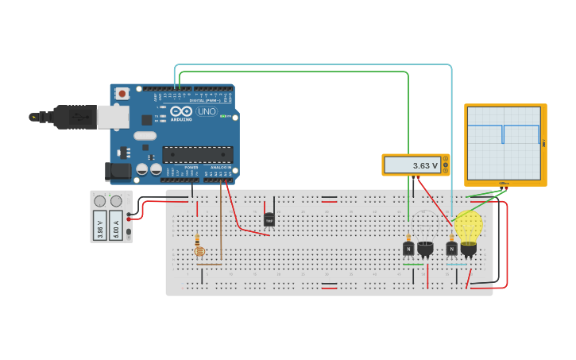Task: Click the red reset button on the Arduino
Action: [x=122, y=93]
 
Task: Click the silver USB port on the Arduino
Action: [x=113, y=118]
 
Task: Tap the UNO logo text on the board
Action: [x=206, y=112]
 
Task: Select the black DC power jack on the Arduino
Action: [x=118, y=170]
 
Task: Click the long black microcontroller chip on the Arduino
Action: [x=198, y=154]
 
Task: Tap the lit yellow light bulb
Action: [x=468, y=226]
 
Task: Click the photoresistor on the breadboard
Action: [x=199, y=250]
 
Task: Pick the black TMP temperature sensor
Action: [x=269, y=219]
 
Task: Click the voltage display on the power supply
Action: [x=99, y=224]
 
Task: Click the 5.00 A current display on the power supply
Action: [x=116, y=224]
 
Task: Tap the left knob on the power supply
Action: [x=100, y=201]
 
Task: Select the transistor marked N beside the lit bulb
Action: [x=451, y=249]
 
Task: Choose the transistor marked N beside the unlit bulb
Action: [x=408, y=249]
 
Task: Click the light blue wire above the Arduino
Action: [x=318, y=64]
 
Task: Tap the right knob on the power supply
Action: [x=116, y=201]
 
